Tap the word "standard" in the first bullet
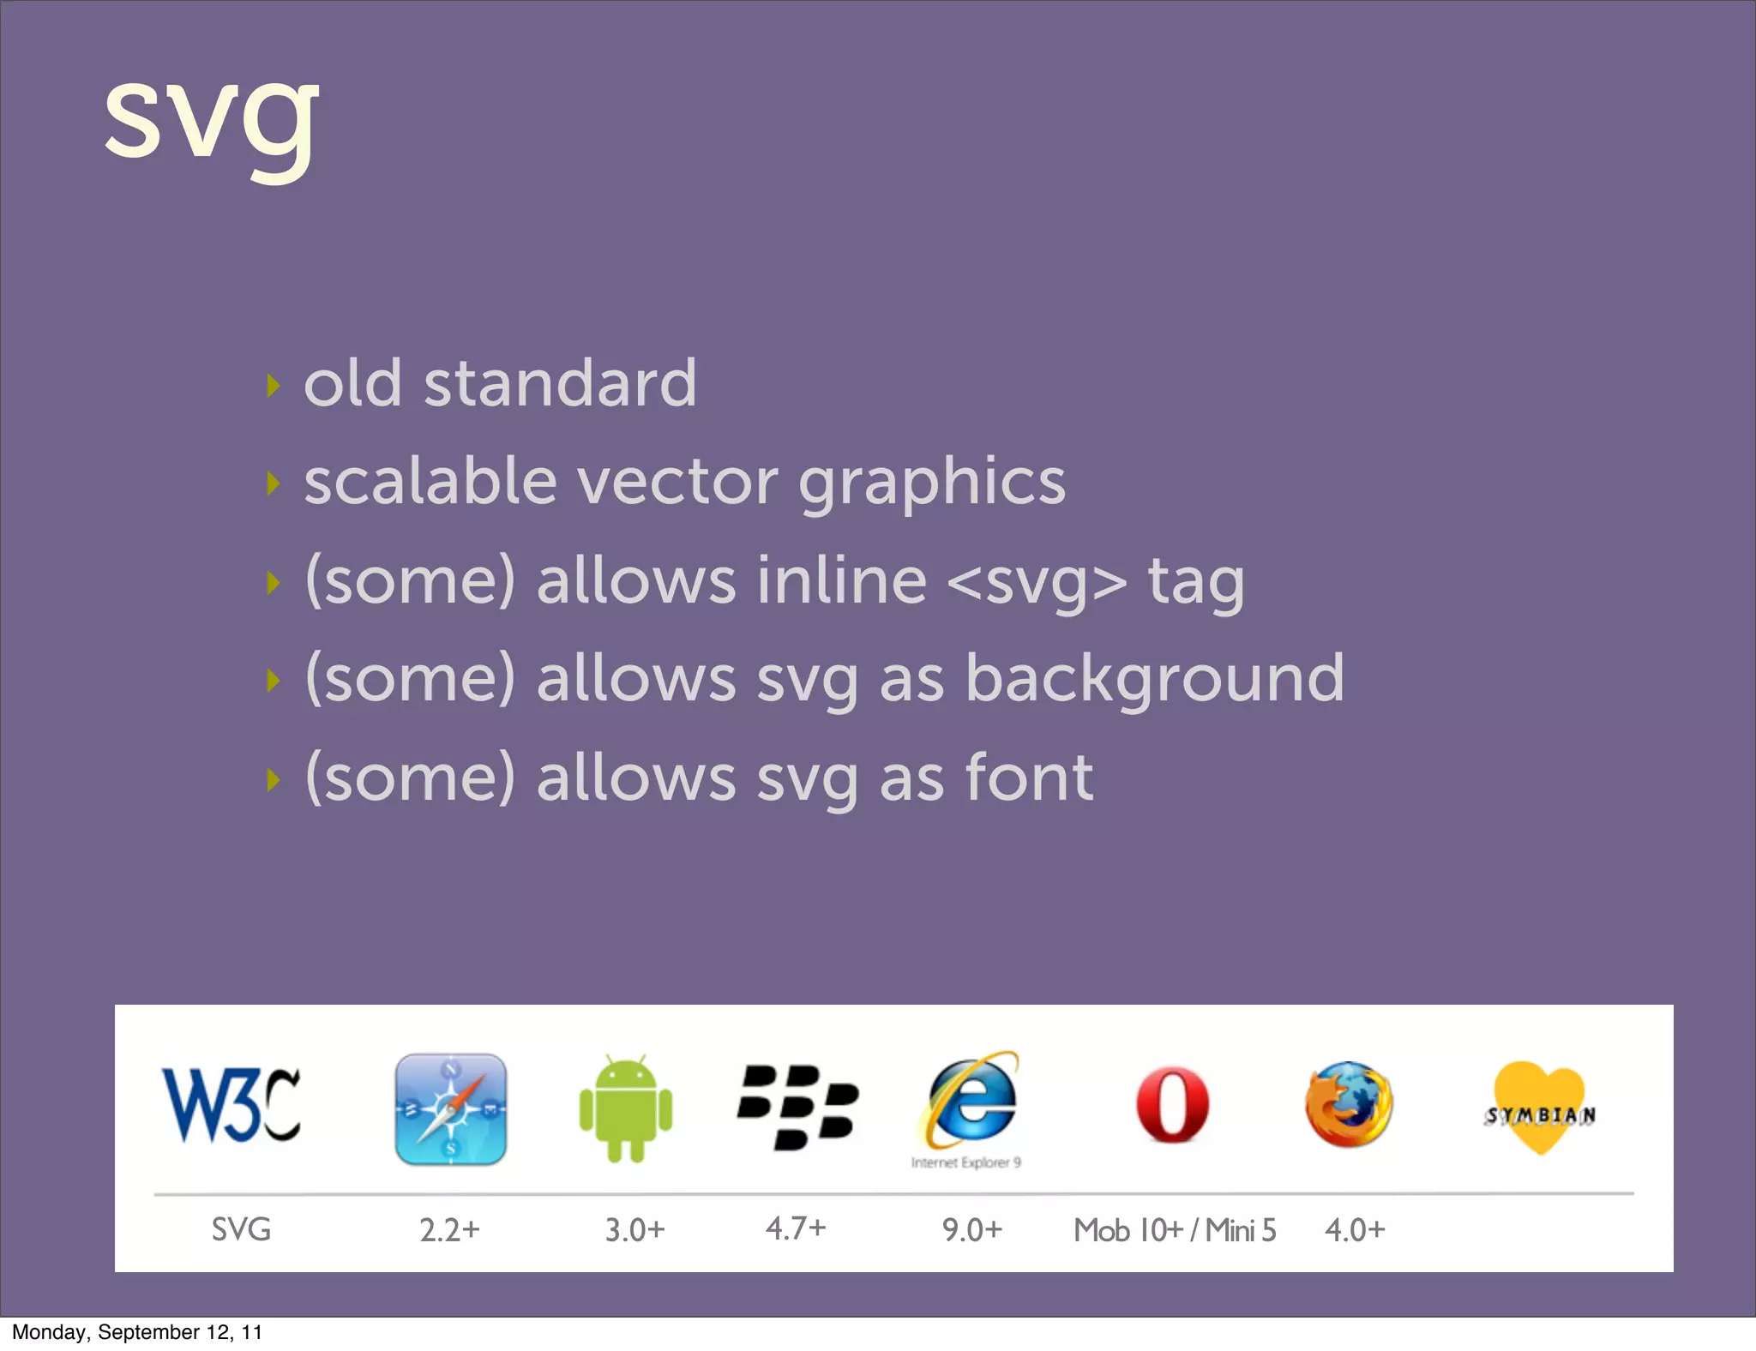560,383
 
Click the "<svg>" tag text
1037,581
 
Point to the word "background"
1155,679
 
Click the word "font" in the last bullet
1029,778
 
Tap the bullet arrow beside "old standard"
274,386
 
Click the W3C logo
232,1105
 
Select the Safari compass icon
450,1109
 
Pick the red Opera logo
1172,1105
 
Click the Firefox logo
1349,1104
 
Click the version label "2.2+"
449,1230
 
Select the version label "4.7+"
796,1228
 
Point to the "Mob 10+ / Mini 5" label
1175,1230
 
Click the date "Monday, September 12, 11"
137,1332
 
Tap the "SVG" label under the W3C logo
241,1229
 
